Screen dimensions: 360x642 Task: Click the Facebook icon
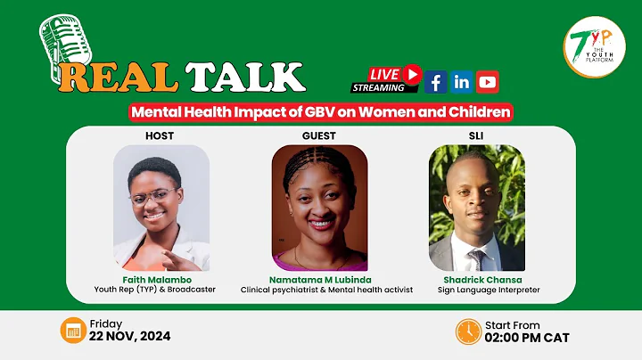coord(436,82)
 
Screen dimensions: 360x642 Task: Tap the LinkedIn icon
coord(462,82)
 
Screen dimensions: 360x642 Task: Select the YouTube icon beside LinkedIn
coord(488,82)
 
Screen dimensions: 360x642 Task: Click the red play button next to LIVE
coord(411,74)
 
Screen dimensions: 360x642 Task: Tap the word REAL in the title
coord(119,78)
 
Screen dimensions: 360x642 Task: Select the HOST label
coord(160,135)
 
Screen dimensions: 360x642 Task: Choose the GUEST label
coord(319,135)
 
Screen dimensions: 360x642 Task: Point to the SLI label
coord(476,135)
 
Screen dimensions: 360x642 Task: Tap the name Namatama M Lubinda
coord(320,278)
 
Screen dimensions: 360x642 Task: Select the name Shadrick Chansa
coord(476,278)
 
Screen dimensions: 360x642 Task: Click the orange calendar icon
coord(71,331)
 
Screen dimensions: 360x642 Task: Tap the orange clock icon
coord(468,331)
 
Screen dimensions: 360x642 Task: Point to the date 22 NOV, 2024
coord(129,337)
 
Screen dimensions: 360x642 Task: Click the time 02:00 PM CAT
coord(527,337)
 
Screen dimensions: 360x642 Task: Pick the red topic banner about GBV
coord(320,112)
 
